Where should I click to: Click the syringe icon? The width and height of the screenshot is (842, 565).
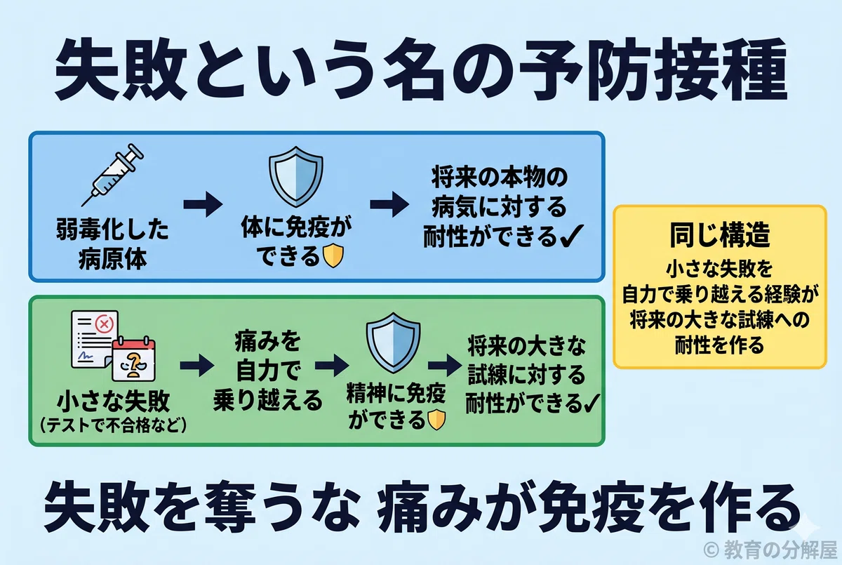click(x=113, y=175)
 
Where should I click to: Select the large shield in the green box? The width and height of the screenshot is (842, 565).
click(x=393, y=343)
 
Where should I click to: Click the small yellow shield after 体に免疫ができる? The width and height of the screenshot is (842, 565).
click(x=333, y=256)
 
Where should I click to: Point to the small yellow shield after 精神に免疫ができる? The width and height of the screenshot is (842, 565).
click(x=436, y=420)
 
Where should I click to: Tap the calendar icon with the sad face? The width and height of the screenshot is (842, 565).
click(x=134, y=359)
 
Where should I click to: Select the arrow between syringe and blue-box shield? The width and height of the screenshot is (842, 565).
click(x=203, y=204)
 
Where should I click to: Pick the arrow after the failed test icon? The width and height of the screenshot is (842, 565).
click(x=197, y=366)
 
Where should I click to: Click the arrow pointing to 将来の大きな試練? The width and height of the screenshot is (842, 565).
click(x=445, y=366)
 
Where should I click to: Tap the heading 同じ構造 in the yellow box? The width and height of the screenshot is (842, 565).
click(x=719, y=234)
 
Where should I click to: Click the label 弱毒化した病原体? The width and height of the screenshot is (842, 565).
click(x=113, y=244)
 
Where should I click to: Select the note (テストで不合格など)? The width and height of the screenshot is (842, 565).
click(x=113, y=425)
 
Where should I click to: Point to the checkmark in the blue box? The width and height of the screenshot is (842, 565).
click(x=571, y=236)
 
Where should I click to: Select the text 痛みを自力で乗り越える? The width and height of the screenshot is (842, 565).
click(x=267, y=371)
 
